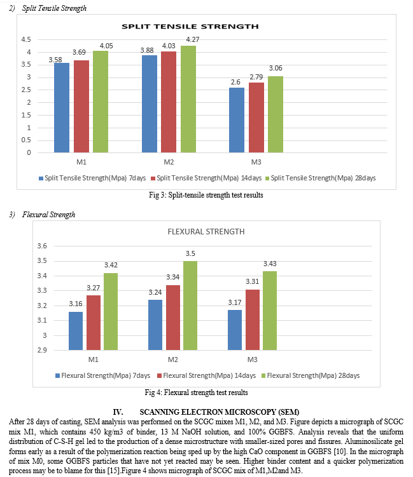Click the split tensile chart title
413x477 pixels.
click(x=190, y=27)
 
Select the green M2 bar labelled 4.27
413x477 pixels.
click(x=188, y=99)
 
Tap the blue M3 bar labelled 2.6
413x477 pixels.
click(x=237, y=120)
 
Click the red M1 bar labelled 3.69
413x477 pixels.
click(x=81, y=107)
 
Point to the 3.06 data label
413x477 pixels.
click(x=276, y=68)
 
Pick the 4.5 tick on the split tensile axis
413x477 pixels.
click(x=26, y=39)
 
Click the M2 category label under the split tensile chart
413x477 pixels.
click(x=169, y=162)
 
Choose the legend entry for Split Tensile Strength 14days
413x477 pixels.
click(x=206, y=178)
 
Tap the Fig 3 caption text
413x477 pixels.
click(x=206, y=195)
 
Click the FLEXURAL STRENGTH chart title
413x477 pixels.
click(x=206, y=232)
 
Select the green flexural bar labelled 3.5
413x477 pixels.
click(x=190, y=306)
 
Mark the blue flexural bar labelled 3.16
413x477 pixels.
click(x=76, y=331)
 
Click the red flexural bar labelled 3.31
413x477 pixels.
click(x=253, y=319)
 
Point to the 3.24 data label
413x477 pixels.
click(x=155, y=292)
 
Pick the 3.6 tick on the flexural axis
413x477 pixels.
click(x=42, y=246)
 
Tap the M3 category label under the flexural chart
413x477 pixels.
click(x=253, y=359)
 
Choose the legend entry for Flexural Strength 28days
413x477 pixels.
click(x=311, y=376)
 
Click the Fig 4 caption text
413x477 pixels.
click(x=196, y=393)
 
